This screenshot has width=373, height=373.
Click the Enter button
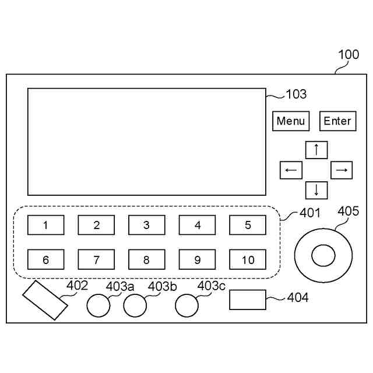(337, 121)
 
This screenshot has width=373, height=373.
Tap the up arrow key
(316, 150)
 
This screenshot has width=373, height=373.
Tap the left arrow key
(291, 170)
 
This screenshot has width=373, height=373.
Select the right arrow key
(342, 170)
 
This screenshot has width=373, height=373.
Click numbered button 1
(46, 225)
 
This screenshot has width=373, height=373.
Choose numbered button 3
(147, 225)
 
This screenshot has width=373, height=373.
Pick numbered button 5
(248, 225)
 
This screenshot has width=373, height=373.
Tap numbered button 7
(97, 259)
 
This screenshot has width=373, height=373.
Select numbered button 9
(197, 259)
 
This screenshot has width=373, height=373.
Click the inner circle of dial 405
(323, 254)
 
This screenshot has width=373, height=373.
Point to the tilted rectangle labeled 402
(44, 300)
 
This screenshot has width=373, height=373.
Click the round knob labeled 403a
(98, 305)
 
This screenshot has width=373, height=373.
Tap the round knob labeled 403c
(188, 304)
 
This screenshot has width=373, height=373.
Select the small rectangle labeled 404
(248, 300)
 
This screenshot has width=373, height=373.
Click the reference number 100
(349, 55)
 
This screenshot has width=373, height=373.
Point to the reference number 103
(296, 94)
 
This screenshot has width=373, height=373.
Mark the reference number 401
(310, 213)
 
